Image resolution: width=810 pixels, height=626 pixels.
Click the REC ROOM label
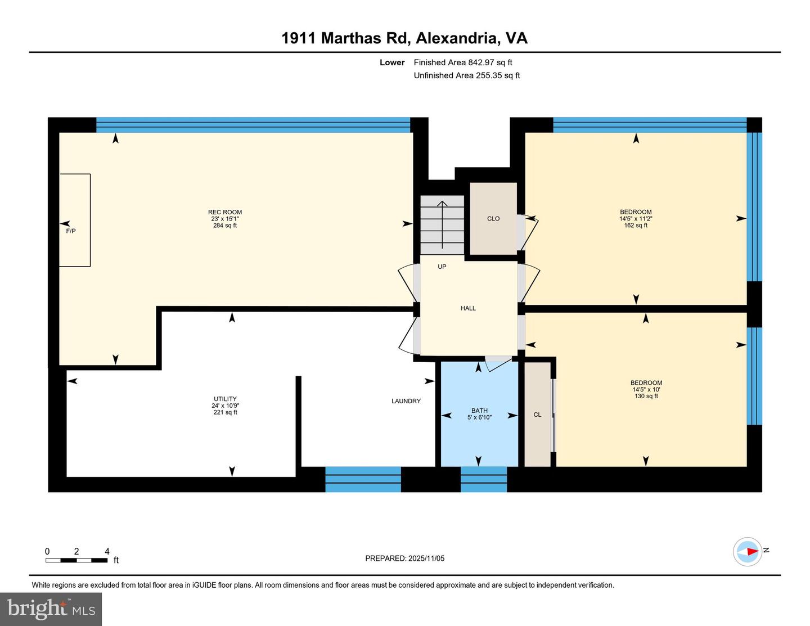coord(225,213)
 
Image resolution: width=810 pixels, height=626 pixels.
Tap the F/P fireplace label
coord(71,231)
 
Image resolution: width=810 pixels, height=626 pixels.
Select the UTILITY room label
coord(225,399)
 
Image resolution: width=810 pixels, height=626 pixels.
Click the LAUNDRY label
coord(406,401)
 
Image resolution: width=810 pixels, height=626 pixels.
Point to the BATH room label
coord(479,411)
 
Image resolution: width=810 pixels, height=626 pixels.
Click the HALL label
coord(468,308)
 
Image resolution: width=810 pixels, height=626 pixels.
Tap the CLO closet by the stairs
coord(493,219)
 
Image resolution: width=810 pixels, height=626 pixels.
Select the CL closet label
coord(537,415)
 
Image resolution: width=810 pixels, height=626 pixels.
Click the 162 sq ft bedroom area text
coord(636,226)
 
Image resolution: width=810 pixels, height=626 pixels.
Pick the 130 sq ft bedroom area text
coord(646,396)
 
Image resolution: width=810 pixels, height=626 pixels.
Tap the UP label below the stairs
coord(442,267)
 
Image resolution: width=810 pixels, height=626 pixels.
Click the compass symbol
coord(748,551)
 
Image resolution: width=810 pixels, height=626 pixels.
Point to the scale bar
coord(76,560)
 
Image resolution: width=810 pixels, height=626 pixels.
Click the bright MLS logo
coord(51,609)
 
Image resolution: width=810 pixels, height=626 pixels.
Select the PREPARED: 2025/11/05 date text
coord(404,559)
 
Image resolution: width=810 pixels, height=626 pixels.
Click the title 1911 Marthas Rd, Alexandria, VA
coord(404,38)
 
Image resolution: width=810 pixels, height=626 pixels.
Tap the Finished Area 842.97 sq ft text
coord(463,62)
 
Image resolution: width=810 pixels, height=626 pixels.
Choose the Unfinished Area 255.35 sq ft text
coord(467,75)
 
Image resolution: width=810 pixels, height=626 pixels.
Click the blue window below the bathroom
coord(484,479)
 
